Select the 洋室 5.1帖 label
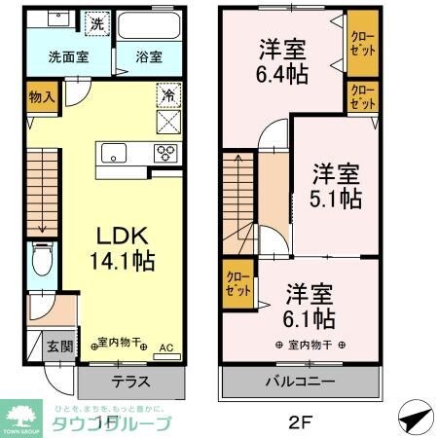pyautogui.click(x=337, y=186)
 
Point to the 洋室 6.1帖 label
pyautogui.click(x=310, y=306)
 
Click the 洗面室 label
pyautogui.click(x=68, y=56)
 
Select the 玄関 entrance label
pyautogui.click(x=57, y=347)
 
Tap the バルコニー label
pyautogui.click(x=305, y=382)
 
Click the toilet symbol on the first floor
pyautogui.click(x=42, y=260)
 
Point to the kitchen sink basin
pyautogui.click(x=112, y=152)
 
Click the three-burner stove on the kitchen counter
pyautogui.click(x=165, y=152)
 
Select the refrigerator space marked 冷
pyautogui.click(x=168, y=97)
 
